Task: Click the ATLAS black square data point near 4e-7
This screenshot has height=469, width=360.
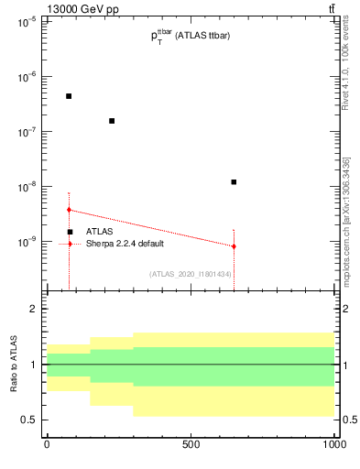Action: (69, 96)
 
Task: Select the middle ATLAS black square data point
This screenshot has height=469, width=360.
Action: (112, 121)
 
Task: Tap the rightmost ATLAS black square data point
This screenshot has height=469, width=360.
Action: (234, 182)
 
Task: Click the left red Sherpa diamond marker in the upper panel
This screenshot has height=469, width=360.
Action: (69, 210)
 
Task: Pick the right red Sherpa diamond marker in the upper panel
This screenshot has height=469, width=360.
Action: (234, 246)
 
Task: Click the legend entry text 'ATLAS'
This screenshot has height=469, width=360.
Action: (100, 232)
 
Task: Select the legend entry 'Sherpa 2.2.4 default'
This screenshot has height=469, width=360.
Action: (125, 244)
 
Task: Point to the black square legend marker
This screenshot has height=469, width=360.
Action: (70, 232)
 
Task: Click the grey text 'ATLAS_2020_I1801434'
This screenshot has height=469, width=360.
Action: (190, 274)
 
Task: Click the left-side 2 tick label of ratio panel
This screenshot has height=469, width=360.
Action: (33, 310)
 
